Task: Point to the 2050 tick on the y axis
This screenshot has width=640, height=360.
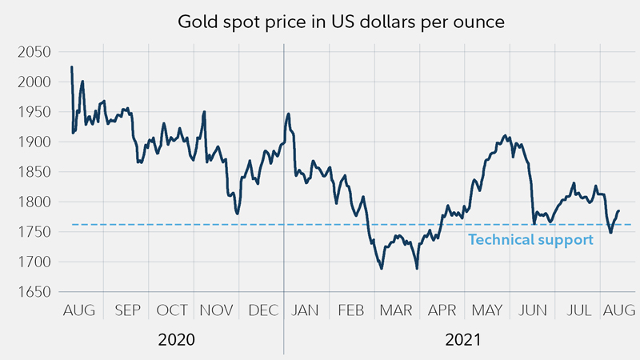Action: (34, 52)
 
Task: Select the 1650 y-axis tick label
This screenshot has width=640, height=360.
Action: (34, 292)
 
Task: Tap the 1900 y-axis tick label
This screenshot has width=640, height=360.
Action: (34, 142)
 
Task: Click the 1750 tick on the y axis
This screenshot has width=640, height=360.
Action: (34, 232)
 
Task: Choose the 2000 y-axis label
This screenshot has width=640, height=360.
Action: (34, 82)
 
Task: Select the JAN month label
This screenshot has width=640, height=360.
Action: (306, 310)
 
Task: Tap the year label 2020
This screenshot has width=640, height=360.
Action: (176, 340)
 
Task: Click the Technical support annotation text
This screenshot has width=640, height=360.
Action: (530, 239)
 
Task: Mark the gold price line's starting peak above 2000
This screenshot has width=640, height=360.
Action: (71, 67)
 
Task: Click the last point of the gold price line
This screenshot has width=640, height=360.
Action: (618, 210)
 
